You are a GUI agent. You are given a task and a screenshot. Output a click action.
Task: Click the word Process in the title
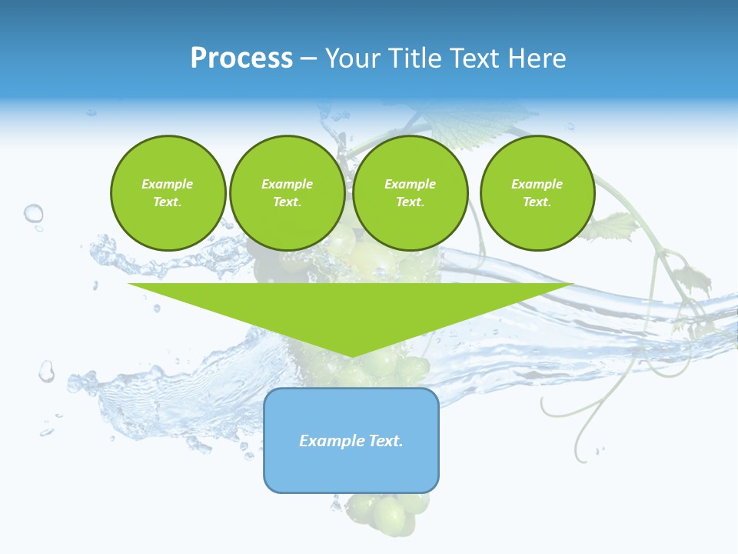[x=241, y=58]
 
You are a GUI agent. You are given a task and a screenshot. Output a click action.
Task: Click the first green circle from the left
[x=168, y=193]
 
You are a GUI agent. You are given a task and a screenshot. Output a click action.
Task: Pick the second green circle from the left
[x=287, y=193]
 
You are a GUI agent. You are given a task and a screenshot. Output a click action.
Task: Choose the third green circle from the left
[x=410, y=193]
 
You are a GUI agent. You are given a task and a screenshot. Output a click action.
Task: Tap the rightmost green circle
[x=537, y=193]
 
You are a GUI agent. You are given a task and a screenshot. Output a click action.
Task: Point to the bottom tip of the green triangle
[x=351, y=356]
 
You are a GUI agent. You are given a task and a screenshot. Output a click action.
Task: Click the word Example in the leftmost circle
[x=168, y=184]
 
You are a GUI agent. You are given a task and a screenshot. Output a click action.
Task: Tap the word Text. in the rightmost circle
[x=537, y=202]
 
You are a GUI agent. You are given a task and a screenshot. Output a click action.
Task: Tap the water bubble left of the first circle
[x=33, y=213]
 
